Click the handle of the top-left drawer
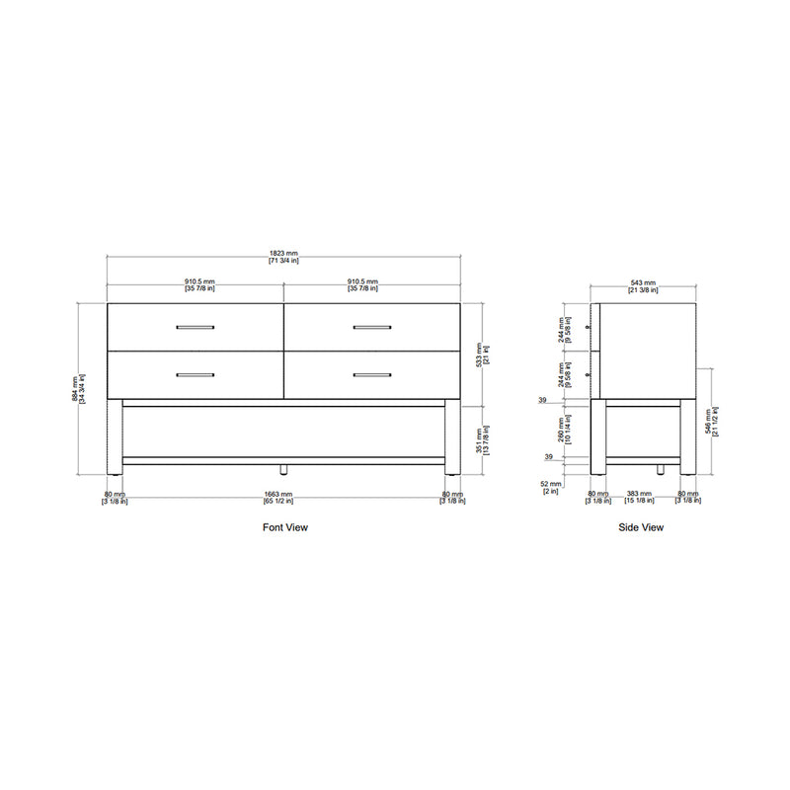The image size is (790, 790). pyautogui.click(x=195, y=327)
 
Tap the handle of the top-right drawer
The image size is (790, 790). pyautogui.click(x=371, y=327)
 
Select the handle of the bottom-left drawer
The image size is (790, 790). pyautogui.click(x=195, y=375)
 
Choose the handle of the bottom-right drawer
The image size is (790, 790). pyautogui.click(x=371, y=375)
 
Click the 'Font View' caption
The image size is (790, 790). pyautogui.click(x=284, y=528)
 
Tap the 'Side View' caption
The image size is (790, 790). pyautogui.click(x=641, y=528)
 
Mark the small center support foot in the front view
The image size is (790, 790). pyautogui.click(x=283, y=469)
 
